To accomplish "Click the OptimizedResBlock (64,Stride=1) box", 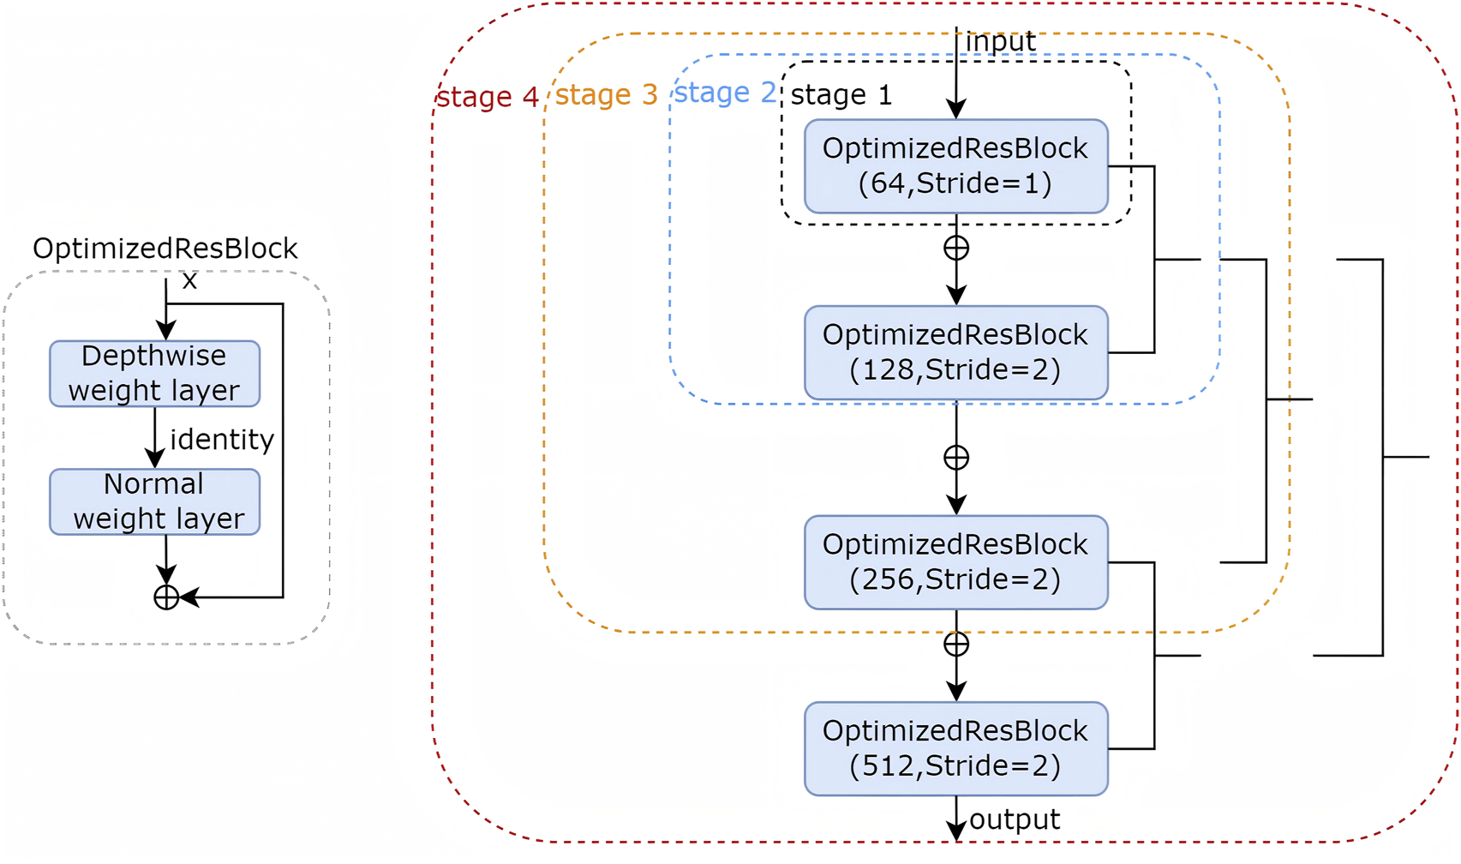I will point(955,166).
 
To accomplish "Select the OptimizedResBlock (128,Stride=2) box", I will point(955,352).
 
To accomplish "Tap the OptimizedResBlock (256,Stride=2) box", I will point(955,562).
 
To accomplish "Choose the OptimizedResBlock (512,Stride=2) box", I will point(955,748).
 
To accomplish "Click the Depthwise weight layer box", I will point(154,374).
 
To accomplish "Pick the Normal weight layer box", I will point(154,502).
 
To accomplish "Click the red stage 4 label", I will point(487,97).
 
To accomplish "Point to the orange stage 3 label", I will point(606,94).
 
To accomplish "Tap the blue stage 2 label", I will point(724,93).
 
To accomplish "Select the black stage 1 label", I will point(841,94).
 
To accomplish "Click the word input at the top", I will point(1000,41).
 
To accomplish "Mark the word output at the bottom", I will point(1015,819).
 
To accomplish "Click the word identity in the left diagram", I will point(222,440).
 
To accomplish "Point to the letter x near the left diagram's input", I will point(189,280).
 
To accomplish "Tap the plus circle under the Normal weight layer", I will point(166,597).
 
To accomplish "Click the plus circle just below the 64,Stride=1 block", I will point(956,249).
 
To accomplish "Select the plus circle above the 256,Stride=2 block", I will point(956,458).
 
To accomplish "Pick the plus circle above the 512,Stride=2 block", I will point(956,644).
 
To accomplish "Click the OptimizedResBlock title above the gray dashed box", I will point(165,249).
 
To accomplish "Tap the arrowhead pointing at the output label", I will point(956,830).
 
